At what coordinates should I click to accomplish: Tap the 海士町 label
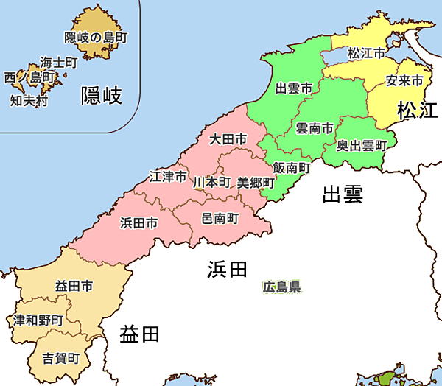point(59,63)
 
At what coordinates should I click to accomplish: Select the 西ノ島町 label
point(29,77)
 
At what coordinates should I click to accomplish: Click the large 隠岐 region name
point(101,94)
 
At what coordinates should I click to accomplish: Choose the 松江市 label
point(366,53)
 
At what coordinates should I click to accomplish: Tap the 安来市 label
point(404,80)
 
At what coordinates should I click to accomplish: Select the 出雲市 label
point(292,88)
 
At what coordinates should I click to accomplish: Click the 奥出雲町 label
point(362,145)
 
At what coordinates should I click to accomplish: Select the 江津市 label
point(168,177)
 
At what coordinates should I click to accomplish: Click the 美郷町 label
point(255,182)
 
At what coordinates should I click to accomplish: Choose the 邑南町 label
point(220,218)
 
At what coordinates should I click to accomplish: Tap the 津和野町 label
point(38,320)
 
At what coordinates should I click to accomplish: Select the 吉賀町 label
point(60,358)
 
